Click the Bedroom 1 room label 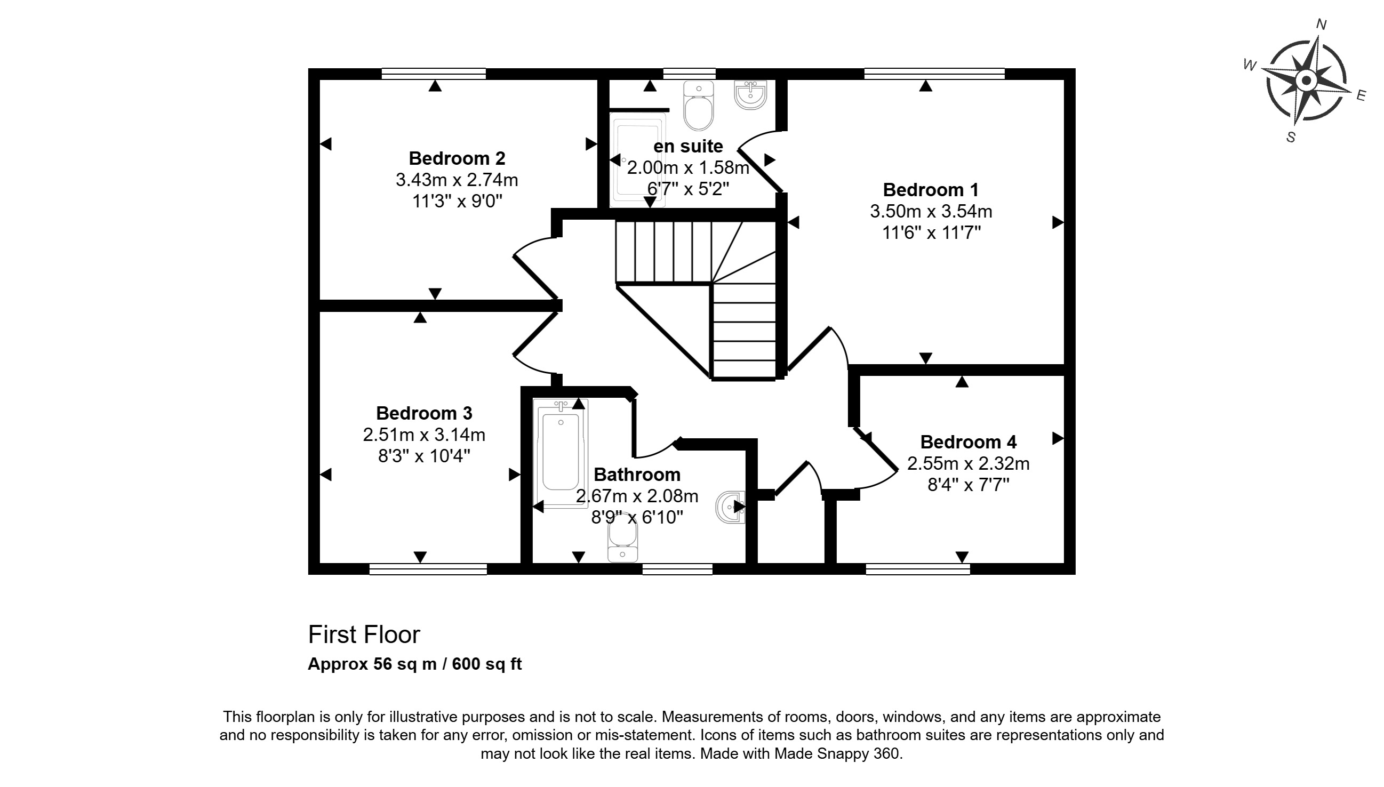pyautogui.click(x=931, y=190)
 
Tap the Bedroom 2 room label pyautogui.click(x=457, y=158)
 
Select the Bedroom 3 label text pyautogui.click(x=424, y=413)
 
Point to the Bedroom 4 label pyautogui.click(x=968, y=442)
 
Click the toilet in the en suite pyautogui.click(x=699, y=108)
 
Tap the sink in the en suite pyautogui.click(x=750, y=96)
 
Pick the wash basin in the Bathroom pyautogui.click(x=731, y=507)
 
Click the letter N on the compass pyautogui.click(x=1321, y=25)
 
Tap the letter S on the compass pyautogui.click(x=1291, y=137)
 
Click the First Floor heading pyautogui.click(x=364, y=635)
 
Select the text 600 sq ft pyautogui.click(x=486, y=664)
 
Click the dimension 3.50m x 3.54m pyautogui.click(x=931, y=211)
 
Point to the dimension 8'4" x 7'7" pyautogui.click(x=968, y=485)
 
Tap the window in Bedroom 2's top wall pyautogui.click(x=434, y=74)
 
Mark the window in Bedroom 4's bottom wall pyautogui.click(x=917, y=568)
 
